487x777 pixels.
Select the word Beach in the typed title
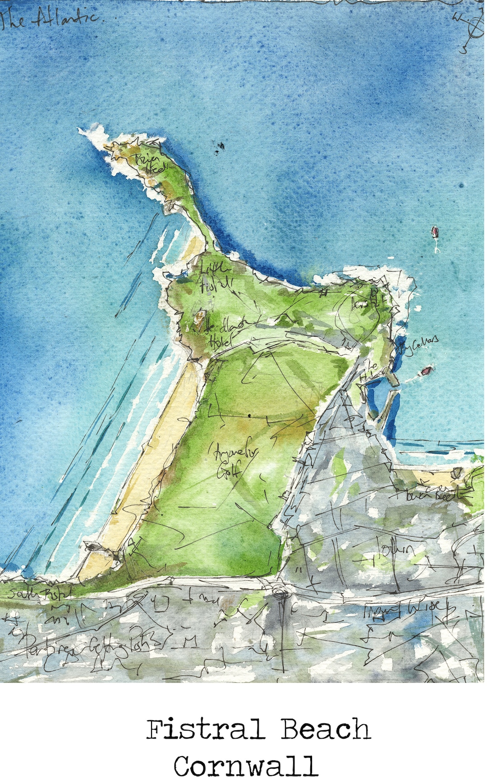point(326,729)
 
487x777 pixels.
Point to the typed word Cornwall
point(246,765)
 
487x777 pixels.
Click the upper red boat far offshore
point(435,232)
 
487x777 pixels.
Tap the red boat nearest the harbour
point(426,371)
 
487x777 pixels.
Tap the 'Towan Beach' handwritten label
point(431,494)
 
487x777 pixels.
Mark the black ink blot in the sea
point(221,146)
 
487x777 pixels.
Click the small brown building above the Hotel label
point(199,316)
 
